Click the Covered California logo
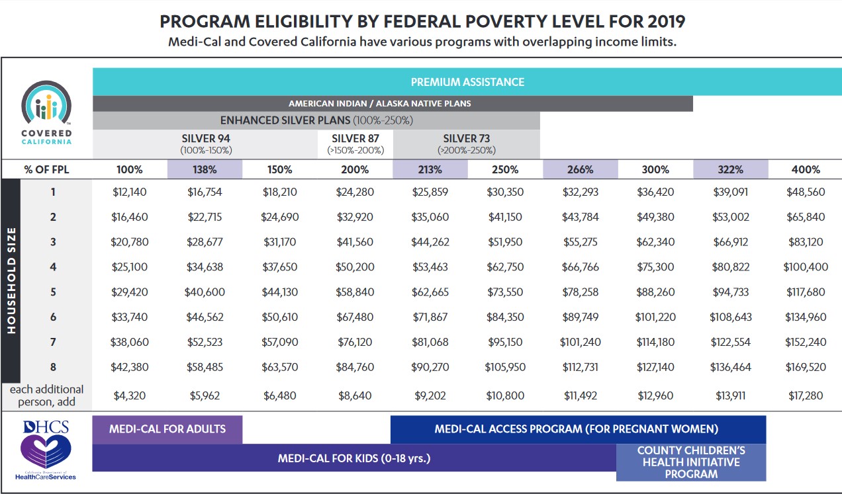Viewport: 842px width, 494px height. point(46,112)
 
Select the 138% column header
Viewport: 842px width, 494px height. point(205,169)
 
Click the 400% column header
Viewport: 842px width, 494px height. point(805,169)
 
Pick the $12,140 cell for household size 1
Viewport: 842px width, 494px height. point(130,192)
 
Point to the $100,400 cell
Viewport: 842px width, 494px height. point(805,267)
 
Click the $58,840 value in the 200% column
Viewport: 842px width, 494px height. point(355,292)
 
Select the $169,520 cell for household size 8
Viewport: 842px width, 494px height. point(805,367)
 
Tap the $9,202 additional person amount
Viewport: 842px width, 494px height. point(430,395)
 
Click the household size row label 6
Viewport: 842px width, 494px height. point(53,317)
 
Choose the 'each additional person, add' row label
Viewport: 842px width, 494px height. point(46,395)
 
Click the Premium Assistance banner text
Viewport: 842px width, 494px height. point(467,82)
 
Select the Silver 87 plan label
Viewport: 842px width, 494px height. point(355,143)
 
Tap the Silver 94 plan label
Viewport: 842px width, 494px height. point(206,143)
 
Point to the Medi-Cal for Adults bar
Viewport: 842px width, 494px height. point(167,429)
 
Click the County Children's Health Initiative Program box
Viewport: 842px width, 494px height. point(691,462)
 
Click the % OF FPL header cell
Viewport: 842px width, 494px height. point(46,169)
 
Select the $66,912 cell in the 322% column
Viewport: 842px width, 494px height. point(730,242)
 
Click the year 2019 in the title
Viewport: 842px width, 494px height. point(665,21)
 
